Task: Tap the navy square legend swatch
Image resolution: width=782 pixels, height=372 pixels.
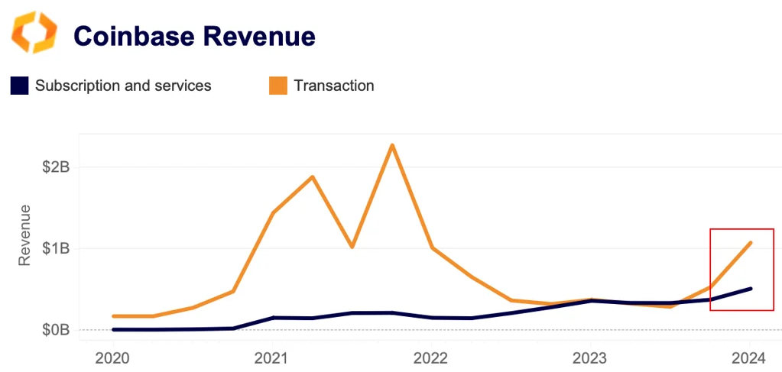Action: pyautogui.click(x=19, y=86)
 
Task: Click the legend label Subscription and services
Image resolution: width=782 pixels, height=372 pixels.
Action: pyautogui.click(x=123, y=86)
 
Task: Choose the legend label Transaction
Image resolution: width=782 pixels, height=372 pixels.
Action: pyautogui.click(x=334, y=86)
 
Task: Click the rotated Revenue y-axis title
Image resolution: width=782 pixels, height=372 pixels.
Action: pyautogui.click(x=24, y=235)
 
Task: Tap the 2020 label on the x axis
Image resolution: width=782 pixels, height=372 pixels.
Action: pyautogui.click(x=113, y=357)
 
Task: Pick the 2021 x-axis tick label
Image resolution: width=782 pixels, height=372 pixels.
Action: pyautogui.click(x=271, y=357)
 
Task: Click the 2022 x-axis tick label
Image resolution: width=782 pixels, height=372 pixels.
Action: pyautogui.click(x=431, y=357)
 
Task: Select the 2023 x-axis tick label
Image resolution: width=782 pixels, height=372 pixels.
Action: pyautogui.click(x=590, y=357)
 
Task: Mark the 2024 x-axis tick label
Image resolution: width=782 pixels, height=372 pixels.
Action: pyautogui.click(x=750, y=357)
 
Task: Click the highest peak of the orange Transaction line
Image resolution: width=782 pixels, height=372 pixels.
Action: pyautogui.click(x=392, y=145)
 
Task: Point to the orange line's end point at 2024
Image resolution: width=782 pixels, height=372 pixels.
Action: pyautogui.click(x=751, y=243)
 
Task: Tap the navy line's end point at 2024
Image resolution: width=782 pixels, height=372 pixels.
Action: pyautogui.click(x=751, y=289)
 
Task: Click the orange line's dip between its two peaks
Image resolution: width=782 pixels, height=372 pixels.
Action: pyautogui.click(x=352, y=247)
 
